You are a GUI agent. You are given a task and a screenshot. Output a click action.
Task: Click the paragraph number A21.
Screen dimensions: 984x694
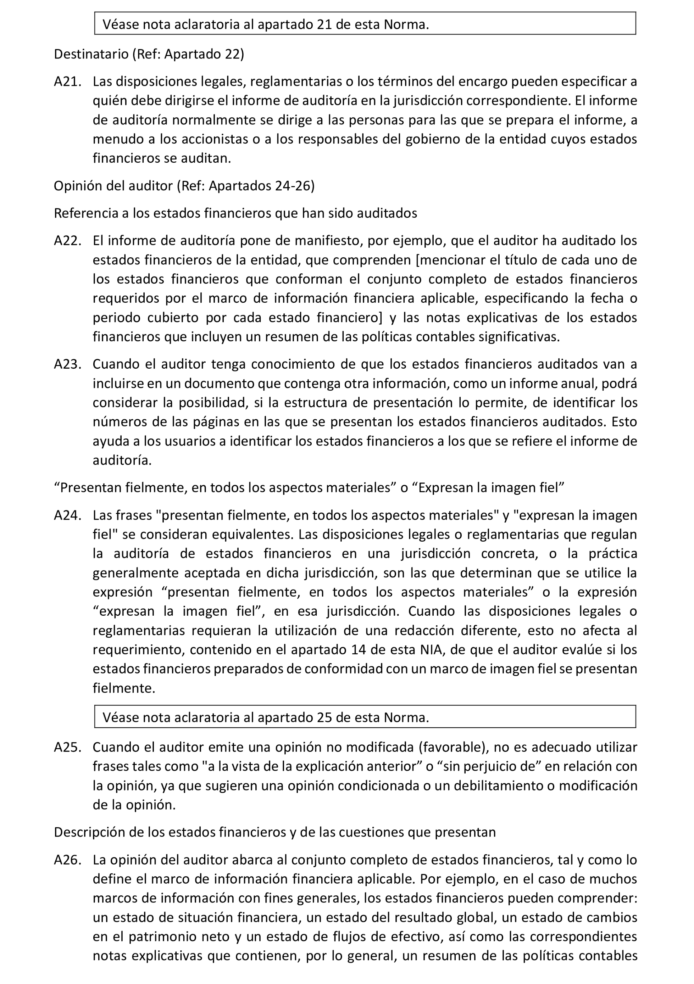pos(67,82)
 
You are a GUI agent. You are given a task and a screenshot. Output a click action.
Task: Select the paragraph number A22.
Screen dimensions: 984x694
pos(67,241)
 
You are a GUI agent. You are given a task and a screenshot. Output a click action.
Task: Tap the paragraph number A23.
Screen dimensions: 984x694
pos(67,364)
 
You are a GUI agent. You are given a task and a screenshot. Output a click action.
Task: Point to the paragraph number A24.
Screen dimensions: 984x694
pos(67,515)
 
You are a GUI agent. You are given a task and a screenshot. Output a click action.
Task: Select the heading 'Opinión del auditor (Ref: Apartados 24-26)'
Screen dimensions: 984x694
pos(184,186)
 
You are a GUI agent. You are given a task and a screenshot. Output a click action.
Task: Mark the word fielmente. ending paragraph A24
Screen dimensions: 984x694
pos(124,688)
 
